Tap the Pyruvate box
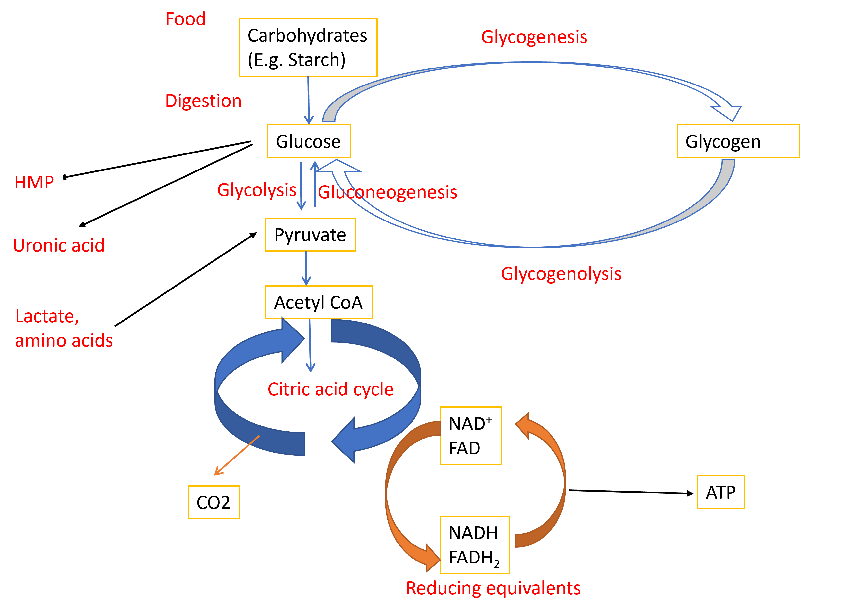click(x=310, y=235)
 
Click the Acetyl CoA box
click(x=319, y=302)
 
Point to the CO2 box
click(x=214, y=502)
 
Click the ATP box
click(x=721, y=492)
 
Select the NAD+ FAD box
click(x=470, y=436)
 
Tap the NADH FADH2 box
click(x=474, y=545)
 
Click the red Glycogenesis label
click(x=534, y=37)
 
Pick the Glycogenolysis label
click(x=561, y=273)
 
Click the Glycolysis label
click(x=257, y=190)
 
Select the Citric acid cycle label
click(x=331, y=389)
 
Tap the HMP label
click(x=34, y=182)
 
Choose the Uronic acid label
click(x=59, y=245)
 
